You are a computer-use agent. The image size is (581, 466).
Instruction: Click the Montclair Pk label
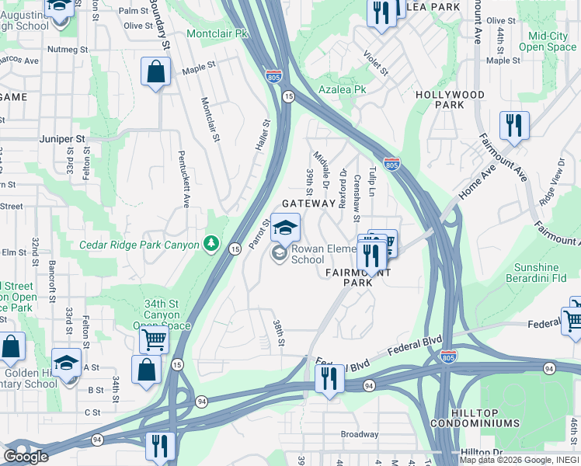(217, 34)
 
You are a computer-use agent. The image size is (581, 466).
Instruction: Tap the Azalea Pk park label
(342, 89)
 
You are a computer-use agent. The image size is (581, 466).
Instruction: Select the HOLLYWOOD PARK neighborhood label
(450, 99)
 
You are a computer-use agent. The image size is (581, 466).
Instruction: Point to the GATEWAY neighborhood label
(308, 203)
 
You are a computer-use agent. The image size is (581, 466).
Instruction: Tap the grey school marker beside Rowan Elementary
(279, 252)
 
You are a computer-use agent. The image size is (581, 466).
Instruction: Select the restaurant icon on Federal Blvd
(329, 378)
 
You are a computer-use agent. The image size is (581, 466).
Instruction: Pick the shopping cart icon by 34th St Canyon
(154, 339)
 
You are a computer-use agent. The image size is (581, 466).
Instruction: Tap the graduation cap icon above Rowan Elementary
(285, 227)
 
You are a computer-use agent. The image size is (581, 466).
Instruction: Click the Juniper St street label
(62, 139)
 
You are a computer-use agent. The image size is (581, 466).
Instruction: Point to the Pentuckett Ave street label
(185, 179)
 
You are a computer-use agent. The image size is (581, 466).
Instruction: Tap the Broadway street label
(359, 434)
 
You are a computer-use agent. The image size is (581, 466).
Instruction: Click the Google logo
(26, 457)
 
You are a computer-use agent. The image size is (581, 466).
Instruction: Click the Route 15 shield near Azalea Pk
(288, 96)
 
